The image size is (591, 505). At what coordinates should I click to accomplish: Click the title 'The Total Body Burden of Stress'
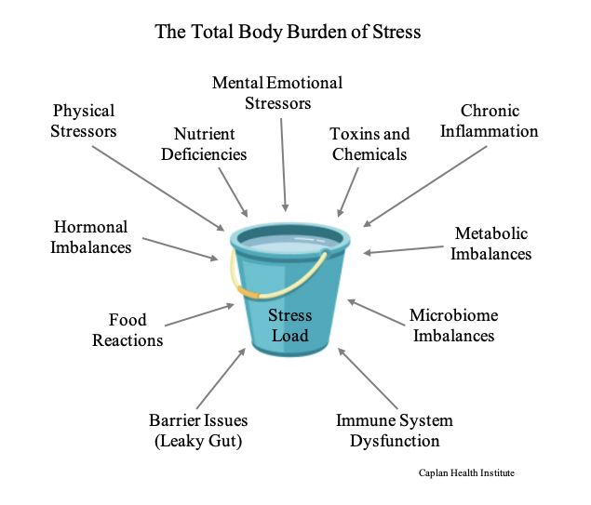[288, 33]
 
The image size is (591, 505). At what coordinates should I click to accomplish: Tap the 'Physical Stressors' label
[85, 121]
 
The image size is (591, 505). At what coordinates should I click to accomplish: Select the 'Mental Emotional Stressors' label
[277, 92]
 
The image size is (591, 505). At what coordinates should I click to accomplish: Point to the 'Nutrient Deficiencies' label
[204, 144]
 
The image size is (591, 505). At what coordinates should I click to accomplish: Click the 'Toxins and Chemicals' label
[369, 144]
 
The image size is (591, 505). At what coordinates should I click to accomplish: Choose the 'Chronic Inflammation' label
[489, 121]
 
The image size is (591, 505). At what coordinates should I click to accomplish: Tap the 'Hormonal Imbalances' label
[91, 237]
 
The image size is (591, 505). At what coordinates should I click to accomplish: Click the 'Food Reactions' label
[128, 330]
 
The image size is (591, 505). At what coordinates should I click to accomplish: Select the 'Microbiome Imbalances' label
[452, 326]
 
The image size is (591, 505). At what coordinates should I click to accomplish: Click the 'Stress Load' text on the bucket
[289, 326]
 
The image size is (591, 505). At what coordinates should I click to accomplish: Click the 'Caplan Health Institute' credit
[465, 473]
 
